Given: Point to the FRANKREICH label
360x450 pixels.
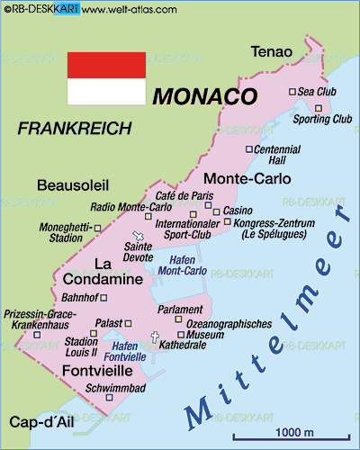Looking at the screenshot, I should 75,129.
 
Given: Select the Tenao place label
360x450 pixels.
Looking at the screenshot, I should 271,50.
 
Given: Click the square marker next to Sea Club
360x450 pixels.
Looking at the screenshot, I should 292,92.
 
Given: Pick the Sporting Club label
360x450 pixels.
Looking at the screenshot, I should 322,118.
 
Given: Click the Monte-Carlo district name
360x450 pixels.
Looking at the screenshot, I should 247,178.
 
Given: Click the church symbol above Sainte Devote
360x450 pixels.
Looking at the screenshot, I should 138,236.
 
